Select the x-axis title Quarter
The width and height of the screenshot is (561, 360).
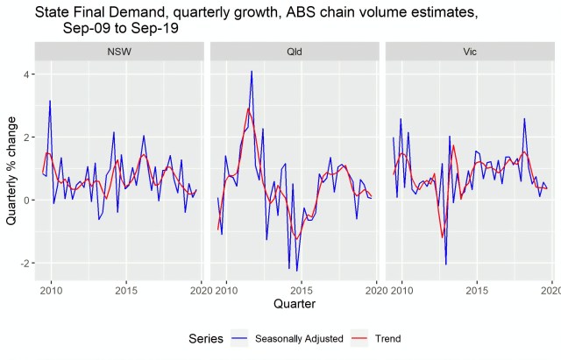click(295, 304)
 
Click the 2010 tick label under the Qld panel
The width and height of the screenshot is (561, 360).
click(227, 289)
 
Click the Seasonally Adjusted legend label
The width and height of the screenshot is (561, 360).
click(299, 338)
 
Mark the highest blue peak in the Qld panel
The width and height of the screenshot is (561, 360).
click(252, 72)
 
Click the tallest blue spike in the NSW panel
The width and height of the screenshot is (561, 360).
click(49, 101)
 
